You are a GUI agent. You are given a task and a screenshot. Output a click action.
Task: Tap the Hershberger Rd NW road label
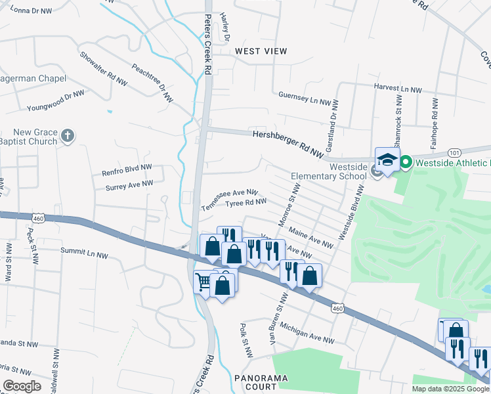[x=289, y=143]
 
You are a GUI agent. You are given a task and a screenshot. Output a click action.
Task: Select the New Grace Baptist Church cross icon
[x=66, y=136]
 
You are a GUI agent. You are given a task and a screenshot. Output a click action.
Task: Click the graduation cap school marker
[x=387, y=160]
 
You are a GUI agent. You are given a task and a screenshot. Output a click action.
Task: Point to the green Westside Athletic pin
[x=406, y=161]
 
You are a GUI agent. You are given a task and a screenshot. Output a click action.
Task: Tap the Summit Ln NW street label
[x=84, y=251]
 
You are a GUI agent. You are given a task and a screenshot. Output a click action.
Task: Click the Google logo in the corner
[x=22, y=386]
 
